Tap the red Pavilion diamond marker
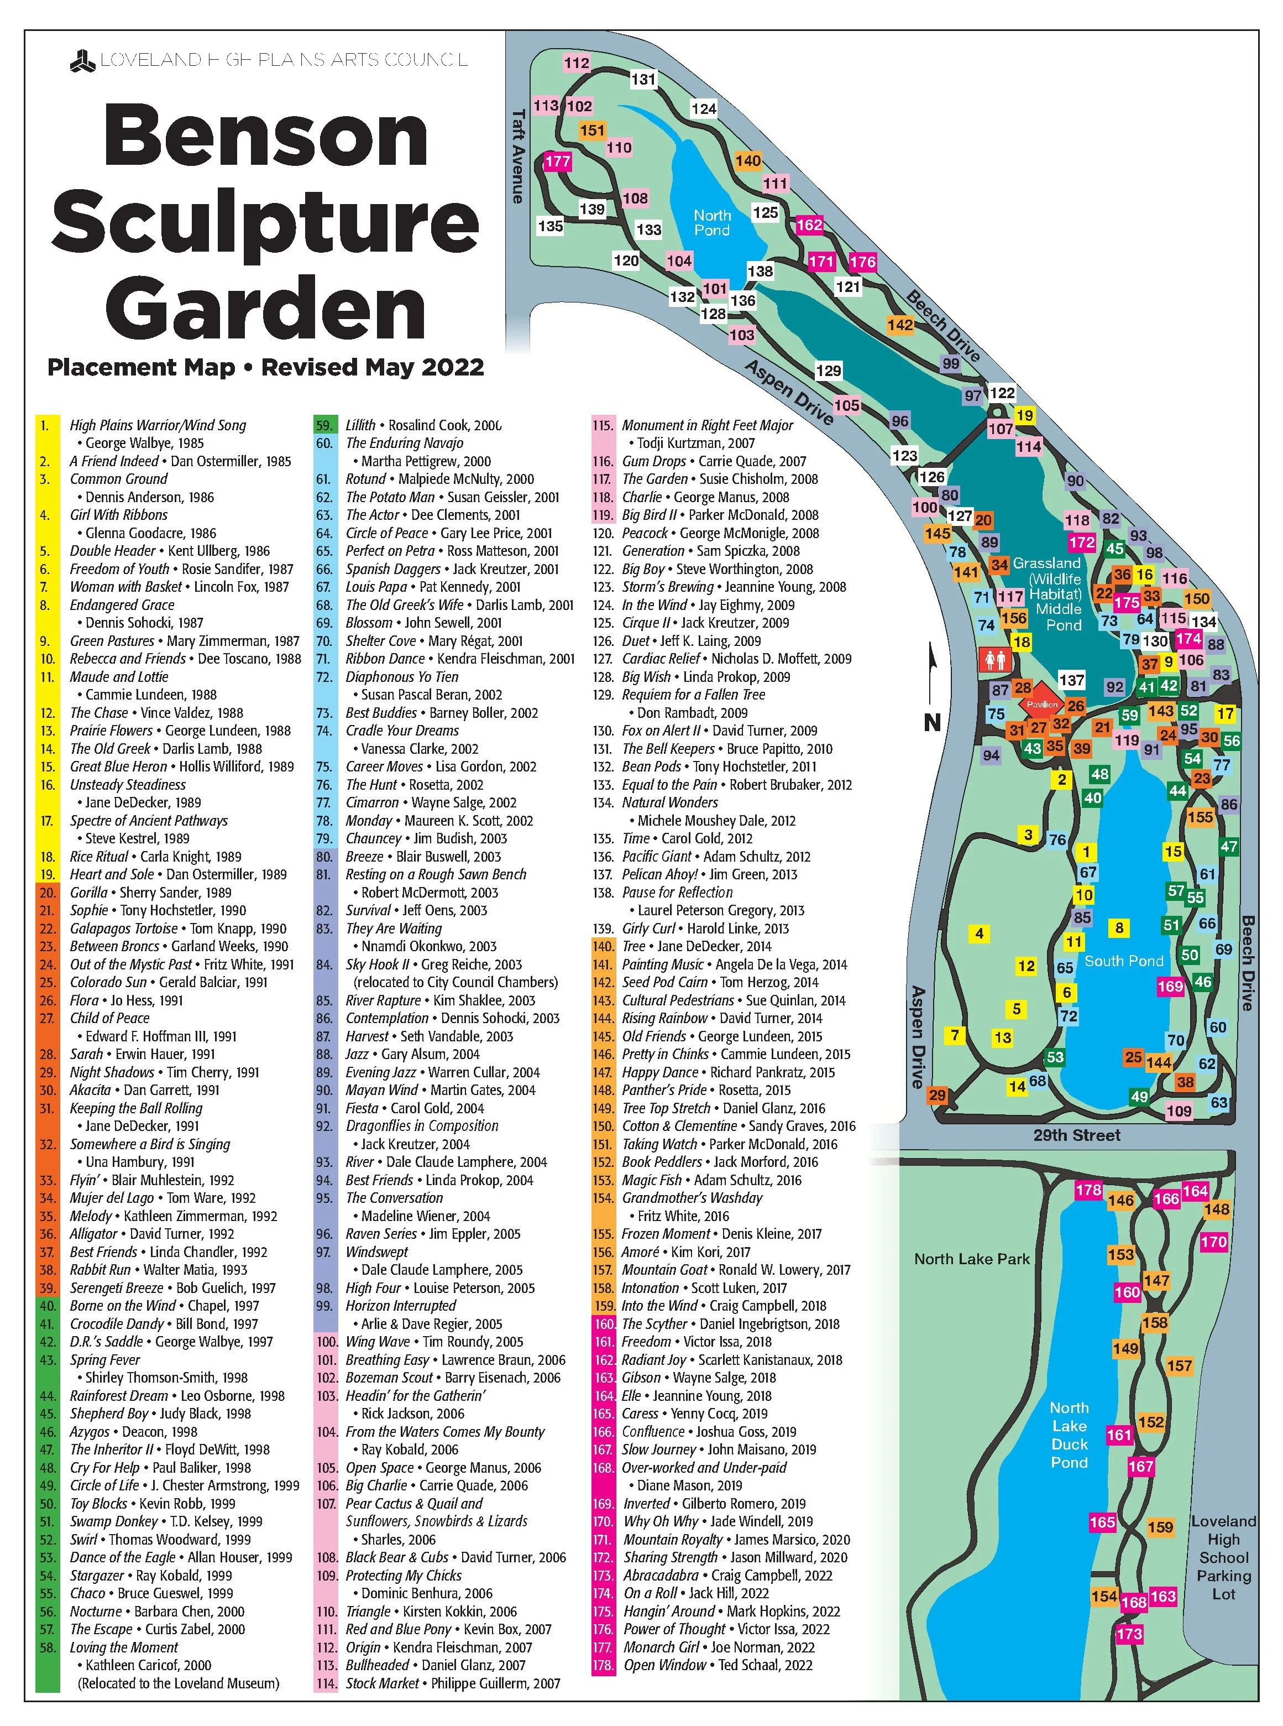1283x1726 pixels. [x=1041, y=705]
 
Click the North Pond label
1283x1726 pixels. [x=711, y=222]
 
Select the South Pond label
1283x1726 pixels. [x=1123, y=961]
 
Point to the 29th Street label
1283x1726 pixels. [x=1076, y=1135]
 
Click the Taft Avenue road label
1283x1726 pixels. [x=518, y=156]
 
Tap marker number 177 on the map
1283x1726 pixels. [x=558, y=161]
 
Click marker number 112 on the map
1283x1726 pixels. [x=576, y=63]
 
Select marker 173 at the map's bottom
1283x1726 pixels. [x=1129, y=1634]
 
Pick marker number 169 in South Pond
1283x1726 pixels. [x=1170, y=987]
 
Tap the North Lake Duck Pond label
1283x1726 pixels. [x=1070, y=1435]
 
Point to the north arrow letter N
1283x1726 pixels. [x=932, y=722]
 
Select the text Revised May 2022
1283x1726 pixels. [x=373, y=367]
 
